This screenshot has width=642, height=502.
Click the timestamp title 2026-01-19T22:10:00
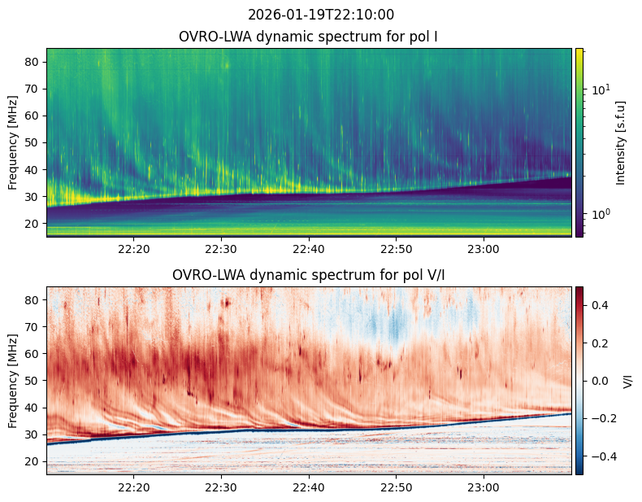click(x=321, y=15)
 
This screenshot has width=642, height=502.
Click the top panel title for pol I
click(x=308, y=37)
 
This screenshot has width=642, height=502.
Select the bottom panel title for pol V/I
click(x=308, y=275)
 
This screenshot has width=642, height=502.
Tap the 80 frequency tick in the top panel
click(x=33, y=63)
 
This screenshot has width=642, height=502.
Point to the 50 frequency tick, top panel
click(x=33, y=143)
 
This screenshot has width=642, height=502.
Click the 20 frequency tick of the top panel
click(x=33, y=224)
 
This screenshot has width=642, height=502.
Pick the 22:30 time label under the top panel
click(x=221, y=249)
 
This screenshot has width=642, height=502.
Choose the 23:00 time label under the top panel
click(x=484, y=249)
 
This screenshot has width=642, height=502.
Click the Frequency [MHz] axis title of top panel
click(x=13, y=143)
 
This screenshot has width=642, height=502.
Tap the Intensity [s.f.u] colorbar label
click(x=621, y=143)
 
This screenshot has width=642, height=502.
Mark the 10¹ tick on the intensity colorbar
click(x=601, y=89)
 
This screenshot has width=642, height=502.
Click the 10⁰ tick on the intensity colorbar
click(x=601, y=213)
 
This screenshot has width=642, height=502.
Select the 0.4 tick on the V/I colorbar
click(x=600, y=305)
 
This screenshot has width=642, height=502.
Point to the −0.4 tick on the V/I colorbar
click(x=600, y=456)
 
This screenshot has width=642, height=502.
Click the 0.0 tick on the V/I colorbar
click(x=600, y=381)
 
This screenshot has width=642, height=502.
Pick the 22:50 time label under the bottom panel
click(x=397, y=487)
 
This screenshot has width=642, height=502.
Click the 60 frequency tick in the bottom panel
click(x=33, y=354)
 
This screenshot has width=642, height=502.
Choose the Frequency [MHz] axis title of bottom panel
click(x=13, y=381)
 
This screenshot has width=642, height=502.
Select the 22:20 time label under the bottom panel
click(x=134, y=487)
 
